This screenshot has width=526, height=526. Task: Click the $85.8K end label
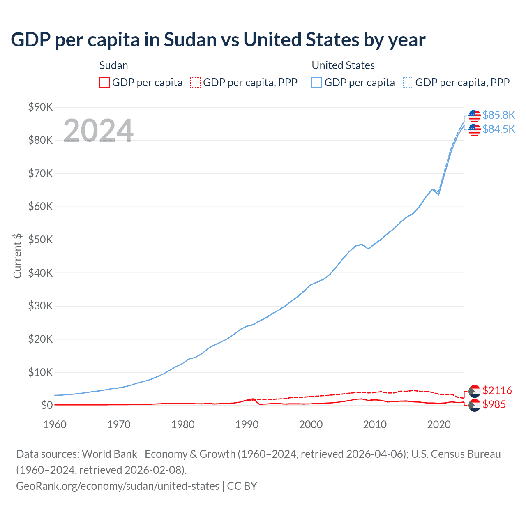[498, 115]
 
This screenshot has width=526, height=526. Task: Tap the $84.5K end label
[498, 129]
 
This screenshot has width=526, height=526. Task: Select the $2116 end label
[497, 390]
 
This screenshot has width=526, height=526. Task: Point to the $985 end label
[494, 405]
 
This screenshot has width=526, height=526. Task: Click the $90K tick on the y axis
[40, 107]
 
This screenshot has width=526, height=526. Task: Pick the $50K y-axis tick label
[40, 240]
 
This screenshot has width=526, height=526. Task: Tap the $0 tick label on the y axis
[47, 406]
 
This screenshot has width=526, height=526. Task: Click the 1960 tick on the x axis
[55, 424]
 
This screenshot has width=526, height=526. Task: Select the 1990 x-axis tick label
[247, 424]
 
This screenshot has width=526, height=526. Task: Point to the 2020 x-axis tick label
[439, 424]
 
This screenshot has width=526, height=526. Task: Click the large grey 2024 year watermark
[98, 131]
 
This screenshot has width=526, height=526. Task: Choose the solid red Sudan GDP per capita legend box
[105, 83]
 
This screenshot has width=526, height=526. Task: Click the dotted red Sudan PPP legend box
[196, 83]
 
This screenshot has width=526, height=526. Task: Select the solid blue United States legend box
[317, 83]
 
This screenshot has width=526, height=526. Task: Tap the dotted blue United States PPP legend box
[408, 83]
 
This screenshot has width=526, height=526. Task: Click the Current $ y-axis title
[17, 256]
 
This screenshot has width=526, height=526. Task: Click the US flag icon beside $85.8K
[474, 116]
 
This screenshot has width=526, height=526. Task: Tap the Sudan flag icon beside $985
[474, 406]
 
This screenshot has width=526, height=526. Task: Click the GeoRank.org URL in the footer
[118, 486]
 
